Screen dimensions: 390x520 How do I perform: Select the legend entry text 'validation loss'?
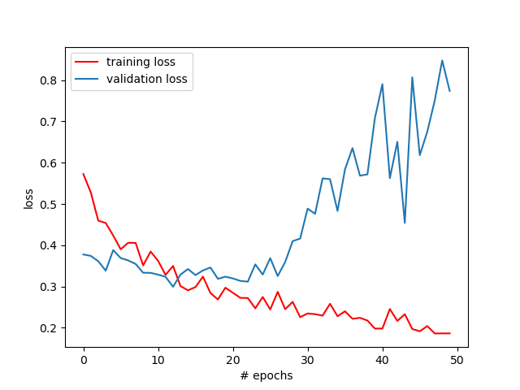click(146, 79)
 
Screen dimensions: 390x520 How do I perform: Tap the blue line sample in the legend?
click(88, 79)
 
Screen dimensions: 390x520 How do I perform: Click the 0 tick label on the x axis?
click(84, 359)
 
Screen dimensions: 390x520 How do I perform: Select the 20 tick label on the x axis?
click(233, 359)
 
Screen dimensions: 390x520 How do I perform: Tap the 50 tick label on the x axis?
click(457, 359)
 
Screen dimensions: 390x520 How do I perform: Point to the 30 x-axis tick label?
click(308, 359)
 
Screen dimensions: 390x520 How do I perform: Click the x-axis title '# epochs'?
click(266, 375)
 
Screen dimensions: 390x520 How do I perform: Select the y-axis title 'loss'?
click(29, 198)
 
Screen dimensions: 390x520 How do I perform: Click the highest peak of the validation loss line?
click(442, 60)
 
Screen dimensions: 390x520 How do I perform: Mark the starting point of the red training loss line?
click(84, 174)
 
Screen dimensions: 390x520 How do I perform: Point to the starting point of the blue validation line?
click(84, 254)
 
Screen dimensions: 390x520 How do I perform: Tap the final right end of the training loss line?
click(449, 333)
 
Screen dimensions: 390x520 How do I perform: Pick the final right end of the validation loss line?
click(449, 90)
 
